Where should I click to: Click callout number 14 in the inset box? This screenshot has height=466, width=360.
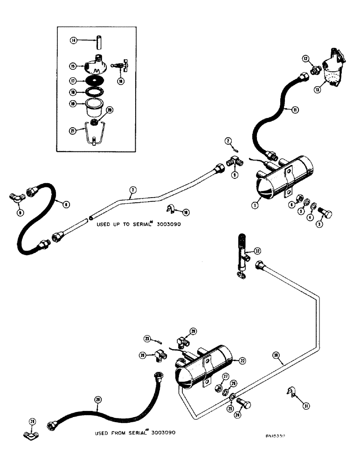pyautogui.click(x=73, y=41)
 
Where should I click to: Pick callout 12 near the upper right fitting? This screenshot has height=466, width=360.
pyautogui.click(x=305, y=59)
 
